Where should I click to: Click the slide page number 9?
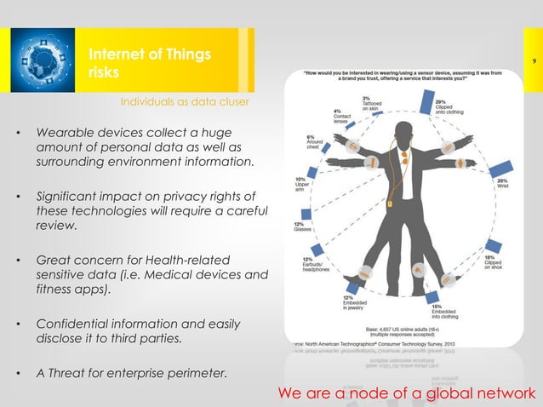pos(532,60)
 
